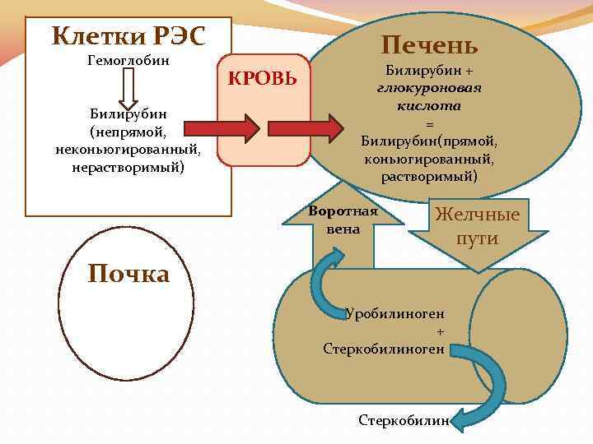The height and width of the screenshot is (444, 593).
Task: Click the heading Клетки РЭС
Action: (x=128, y=35)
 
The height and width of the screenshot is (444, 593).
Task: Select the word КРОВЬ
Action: (x=263, y=79)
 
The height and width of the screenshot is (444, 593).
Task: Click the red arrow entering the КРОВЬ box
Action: (x=222, y=129)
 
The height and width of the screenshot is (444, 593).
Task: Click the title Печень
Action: (x=428, y=45)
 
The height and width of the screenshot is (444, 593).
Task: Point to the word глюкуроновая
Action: (x=428, y=88)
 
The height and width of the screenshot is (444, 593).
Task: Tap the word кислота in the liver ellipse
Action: (x=428, y=105)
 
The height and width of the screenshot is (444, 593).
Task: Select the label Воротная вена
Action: (x=343, y=220)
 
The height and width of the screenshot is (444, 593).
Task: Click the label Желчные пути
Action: (x=478, y=227)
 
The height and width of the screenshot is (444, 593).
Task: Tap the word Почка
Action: (x=128, y=274)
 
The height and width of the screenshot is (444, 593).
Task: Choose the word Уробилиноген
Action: (x=395, y=313)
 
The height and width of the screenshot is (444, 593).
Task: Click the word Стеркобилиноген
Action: (x=384, y=349)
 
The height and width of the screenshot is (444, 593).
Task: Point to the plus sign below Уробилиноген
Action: (x=440, y=331)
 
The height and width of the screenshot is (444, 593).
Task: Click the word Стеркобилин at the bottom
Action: (x=404, y=420)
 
